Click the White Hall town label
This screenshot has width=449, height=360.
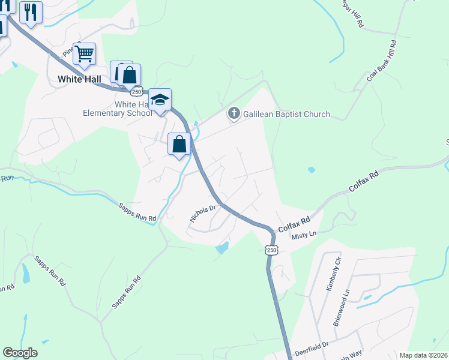(x=78, y=79)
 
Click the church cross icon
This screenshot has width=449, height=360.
(x=234, y=113)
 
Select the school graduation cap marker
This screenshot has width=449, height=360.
(x=160, y=100)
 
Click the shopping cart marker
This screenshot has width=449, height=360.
(x=85, y=54)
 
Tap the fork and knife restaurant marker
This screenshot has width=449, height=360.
(x=31, y=13)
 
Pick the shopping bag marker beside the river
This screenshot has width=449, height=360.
(x=179, y=144)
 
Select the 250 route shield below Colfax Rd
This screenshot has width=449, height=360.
(x=271, y=250)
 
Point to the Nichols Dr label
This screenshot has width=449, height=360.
(x=203, y=214)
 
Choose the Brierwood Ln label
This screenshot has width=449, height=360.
(x=341, y=308)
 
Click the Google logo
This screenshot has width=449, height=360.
(x=20, y=353)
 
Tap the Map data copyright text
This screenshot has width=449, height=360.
(x=424, y=355)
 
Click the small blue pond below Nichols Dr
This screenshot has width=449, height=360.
(x=221, y=248)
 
